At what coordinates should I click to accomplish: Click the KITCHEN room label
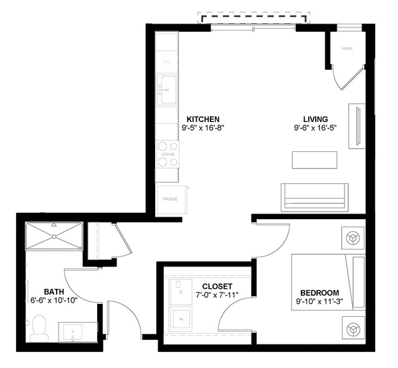pyautogui.click(x=203, y=119)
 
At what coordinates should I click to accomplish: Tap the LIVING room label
pyautogui.click(x=315, y=119)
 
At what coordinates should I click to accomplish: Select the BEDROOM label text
pyautogui.click(x=320, y=293)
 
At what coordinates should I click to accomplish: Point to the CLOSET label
pyautogui.click(x=217, y=286)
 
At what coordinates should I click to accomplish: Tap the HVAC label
pyautogui.click(x=347, y=48)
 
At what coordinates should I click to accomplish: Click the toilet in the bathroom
pyautogui.click(x=40, y=328)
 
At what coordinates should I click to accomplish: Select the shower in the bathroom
pyautogui.click(x=54, y=236)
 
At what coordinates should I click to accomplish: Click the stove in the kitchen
pyautogui.click(x=168, y=154)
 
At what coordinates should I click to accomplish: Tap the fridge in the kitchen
pyautogui.click(x=170, y=199)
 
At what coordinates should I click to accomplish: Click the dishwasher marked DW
pyautogui.click(x=166, y=62)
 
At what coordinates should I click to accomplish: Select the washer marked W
pyautogui.click(x=182, y=319)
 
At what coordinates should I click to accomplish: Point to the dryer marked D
pyautogui.click(x=181, y=290)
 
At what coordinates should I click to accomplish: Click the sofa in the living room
pyautogui.click(x=314, y=197)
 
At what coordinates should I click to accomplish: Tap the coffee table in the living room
pyautogui.click(x=315, y=159)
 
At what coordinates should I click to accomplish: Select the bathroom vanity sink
pyautogui.click(x=77, y=332)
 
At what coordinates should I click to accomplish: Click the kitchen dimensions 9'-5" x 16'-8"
pyautogui.click(x=203, y=128)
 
